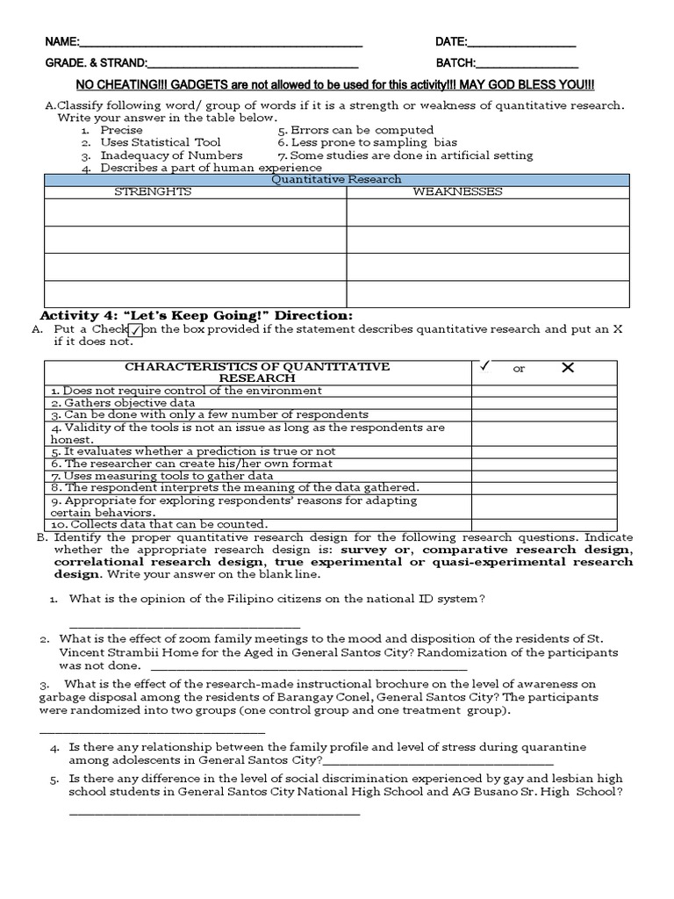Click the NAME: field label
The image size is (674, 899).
pos(62,42)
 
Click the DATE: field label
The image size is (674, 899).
pos(452,42)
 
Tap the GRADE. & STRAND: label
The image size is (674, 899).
pos(97,63)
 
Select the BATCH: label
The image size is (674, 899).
pos(455,63)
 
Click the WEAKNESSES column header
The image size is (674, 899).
pos(457,191)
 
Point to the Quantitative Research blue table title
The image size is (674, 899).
pos(336,179)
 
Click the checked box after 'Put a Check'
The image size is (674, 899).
pos(135,330)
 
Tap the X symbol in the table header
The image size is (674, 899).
pos(568,368)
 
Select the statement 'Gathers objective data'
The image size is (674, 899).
pos(122,403)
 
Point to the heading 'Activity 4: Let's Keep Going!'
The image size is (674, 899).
pos(197,314)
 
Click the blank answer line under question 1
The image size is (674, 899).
pos(184,625)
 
